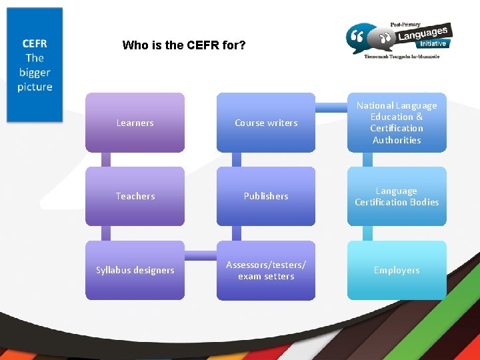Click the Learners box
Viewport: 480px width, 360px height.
click(x=135, y=123)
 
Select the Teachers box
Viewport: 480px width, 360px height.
click(x=135, y=196)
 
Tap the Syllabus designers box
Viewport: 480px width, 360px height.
click(x=135, y=270)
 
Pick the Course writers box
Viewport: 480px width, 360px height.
click(x=266, y=123)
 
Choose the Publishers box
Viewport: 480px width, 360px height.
click(x=266, y=196)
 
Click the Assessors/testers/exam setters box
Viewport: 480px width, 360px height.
click(x=266, y=270)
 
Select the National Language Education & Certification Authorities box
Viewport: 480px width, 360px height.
click(x=397, y=123)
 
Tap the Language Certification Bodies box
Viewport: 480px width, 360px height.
click(x=397, y=196)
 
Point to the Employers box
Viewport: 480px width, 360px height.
click(x=397, y=270)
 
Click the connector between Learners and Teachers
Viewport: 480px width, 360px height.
click(x=106, y=160)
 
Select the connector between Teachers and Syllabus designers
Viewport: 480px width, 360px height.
click(x=106, y=233)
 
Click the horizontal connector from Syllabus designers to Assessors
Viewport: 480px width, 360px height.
click(x=200, y=255)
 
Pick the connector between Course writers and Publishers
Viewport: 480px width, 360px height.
click(x=237, y=160)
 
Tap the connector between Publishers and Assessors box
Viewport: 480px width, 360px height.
click(x=237, y=233)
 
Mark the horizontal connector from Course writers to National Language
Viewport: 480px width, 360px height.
click(x=331, y=107)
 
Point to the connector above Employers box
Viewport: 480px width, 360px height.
click(x=368, y=233)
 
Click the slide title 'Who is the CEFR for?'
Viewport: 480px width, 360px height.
click(x=184, y=46)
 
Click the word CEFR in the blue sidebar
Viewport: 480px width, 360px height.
click(x=35, y=43)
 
